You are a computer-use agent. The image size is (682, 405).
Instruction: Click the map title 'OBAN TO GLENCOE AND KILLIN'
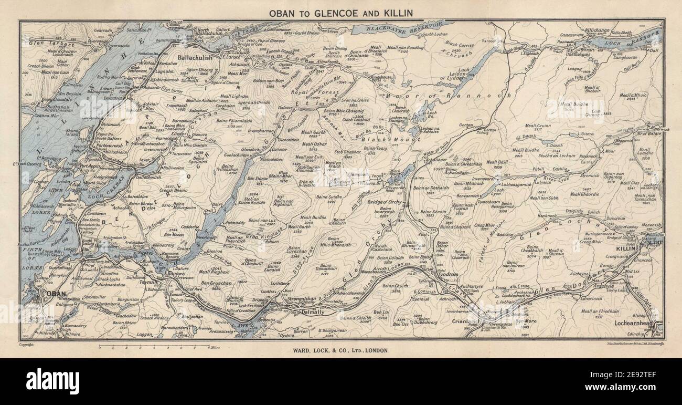coord(340,12)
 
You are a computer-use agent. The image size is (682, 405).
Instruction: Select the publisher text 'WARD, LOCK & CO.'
coord(340,349)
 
